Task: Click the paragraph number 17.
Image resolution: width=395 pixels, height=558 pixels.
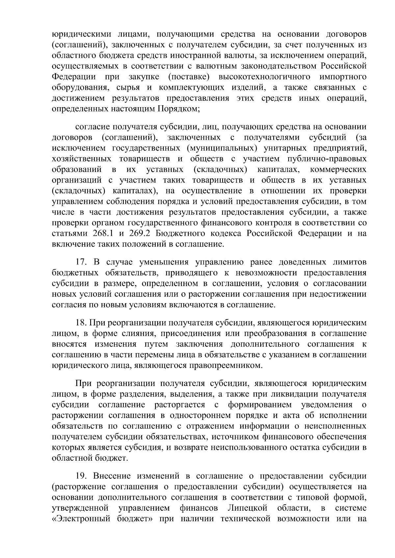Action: pyautogui.click(x=81, y=262)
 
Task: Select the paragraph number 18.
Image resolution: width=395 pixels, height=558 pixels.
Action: pyautogui.click(x=81, y=323)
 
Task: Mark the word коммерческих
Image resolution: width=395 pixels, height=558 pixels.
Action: pyautogui.click(x=338, y=170)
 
